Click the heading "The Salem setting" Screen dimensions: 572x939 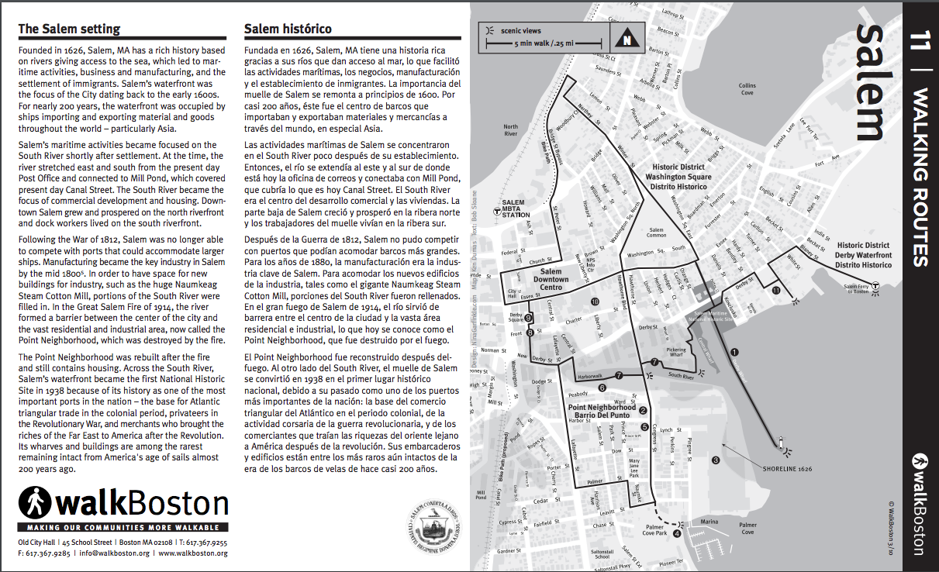tap(69, 29)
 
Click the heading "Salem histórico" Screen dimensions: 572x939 tap(288, 29)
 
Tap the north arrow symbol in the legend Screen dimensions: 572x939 tap(625, 36)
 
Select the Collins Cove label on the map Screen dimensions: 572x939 tap(747, 89)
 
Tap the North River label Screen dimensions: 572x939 tap(510, 130)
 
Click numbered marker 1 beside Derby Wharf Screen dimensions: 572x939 tap(734, 353)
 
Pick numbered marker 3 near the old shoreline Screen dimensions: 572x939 tap(716, 460)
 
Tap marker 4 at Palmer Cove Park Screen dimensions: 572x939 tap(676, 533)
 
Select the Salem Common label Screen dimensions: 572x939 tap(656, 233)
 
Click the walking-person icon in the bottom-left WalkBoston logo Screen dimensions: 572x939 tap(35, 503)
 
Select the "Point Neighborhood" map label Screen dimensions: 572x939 tap(602, 407)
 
